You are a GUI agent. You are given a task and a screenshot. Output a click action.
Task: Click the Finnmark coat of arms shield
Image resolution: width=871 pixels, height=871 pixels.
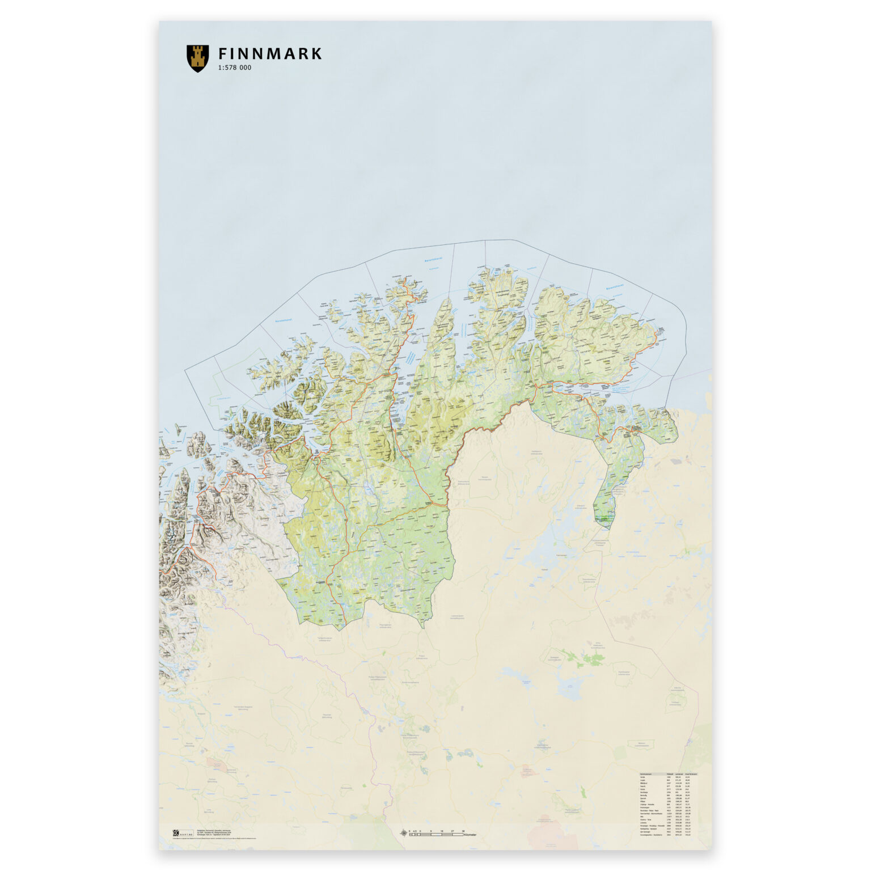pos(197,58)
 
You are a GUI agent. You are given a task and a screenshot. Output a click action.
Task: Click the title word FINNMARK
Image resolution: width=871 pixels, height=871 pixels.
pos(270,54)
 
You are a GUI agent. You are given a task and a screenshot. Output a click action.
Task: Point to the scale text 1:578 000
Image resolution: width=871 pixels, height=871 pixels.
pos(234,68)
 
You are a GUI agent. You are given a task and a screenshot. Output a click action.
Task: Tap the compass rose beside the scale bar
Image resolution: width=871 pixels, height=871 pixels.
pos(404,833)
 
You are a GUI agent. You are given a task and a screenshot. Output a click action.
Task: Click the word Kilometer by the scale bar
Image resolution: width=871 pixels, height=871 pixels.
pos(470,835)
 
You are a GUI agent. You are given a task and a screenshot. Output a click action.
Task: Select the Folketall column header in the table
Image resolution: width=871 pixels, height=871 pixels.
pos(670,774)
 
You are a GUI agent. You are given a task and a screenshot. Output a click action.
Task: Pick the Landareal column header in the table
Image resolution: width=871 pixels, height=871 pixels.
pos(679,774)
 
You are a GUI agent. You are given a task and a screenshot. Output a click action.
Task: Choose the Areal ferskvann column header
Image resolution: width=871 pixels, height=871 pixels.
pos(691,774)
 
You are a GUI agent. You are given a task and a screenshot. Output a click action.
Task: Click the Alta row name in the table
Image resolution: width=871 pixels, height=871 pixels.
pos(642,816)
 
